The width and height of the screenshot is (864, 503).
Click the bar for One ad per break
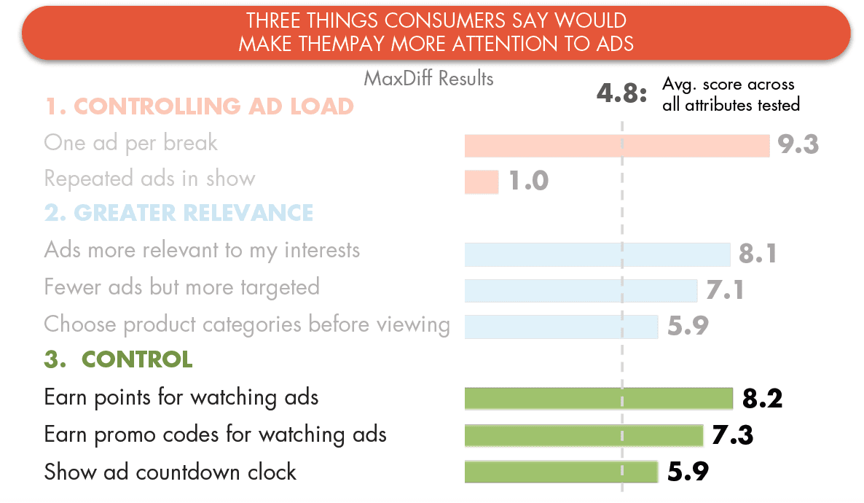(617, 146)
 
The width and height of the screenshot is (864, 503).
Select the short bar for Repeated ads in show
(482, 182)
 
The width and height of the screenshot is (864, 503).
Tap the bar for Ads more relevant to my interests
(597, 254)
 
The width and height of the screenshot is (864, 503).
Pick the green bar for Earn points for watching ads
(599, 399)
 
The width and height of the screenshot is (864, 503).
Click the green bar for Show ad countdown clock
(562, 472)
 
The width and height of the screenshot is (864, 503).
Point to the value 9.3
(798, 144)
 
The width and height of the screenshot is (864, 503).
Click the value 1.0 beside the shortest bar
(528, 181)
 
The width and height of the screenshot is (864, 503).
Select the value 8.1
(757, 254)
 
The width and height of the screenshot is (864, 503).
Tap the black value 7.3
(731, 435)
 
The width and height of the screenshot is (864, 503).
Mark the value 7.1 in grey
(725, 290)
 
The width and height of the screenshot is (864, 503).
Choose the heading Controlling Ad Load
(199, 106)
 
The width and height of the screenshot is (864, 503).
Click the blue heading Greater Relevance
(178, 213)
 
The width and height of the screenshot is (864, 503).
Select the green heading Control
(118, 359)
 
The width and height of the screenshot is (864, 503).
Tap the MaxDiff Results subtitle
(428, 78)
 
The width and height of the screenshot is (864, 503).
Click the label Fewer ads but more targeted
(181, 287)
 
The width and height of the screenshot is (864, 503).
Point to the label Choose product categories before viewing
(247, 324)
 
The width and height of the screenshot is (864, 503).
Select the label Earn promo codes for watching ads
(215, 434)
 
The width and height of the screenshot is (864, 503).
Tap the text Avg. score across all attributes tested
(731, 95)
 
